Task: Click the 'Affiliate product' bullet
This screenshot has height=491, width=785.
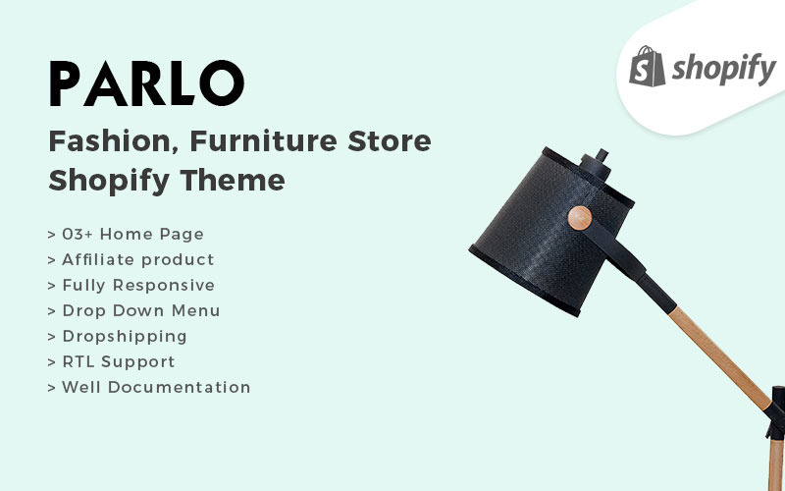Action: (x=131, y=259)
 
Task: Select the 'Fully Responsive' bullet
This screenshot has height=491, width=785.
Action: (x=131, y=285)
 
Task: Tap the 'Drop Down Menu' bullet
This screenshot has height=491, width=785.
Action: (x=133, y=310)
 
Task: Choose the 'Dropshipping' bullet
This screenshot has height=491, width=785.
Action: (x=117, y=336)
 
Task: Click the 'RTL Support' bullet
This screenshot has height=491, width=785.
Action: (x=111, y=361)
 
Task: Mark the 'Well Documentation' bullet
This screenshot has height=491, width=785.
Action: (x=148, y=387)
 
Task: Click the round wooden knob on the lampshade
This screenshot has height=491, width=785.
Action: (x=579, y=219)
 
